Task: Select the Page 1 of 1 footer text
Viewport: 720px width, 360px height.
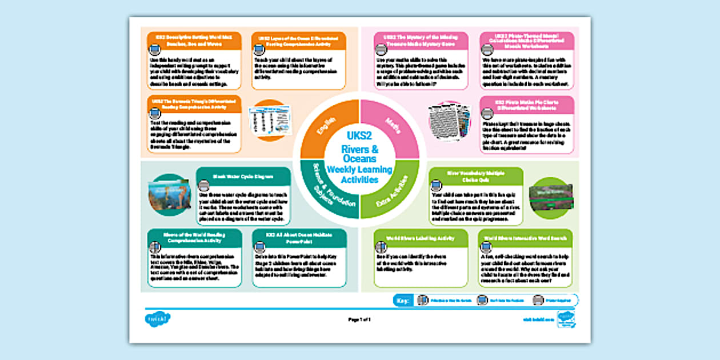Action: (x=359, y=319)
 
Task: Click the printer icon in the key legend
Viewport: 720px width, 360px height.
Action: (x=538, y=301)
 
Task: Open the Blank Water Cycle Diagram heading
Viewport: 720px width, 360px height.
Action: (x=243, y=176)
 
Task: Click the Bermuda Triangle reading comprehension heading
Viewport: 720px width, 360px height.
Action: (x=194, y=103)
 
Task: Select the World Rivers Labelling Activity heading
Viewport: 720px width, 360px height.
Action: (x=421, y=238)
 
